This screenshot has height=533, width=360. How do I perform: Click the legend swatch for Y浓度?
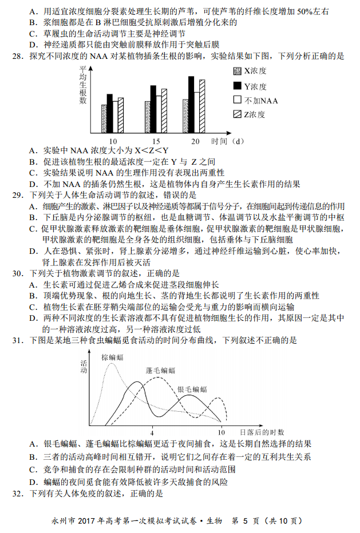tap(238, 86)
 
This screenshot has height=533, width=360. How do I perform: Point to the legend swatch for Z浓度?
tap(238, 114)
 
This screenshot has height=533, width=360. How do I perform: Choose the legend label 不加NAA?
tap(262, 100)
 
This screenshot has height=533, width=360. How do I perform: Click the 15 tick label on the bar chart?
tap(156, 141)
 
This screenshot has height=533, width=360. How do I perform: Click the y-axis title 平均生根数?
tap(84, 85)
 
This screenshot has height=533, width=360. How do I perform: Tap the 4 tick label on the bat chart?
tap(152, 432)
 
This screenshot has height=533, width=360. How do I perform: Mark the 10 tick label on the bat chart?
tap(221, 432)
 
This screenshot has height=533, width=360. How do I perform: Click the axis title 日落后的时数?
tap(262, 432)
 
